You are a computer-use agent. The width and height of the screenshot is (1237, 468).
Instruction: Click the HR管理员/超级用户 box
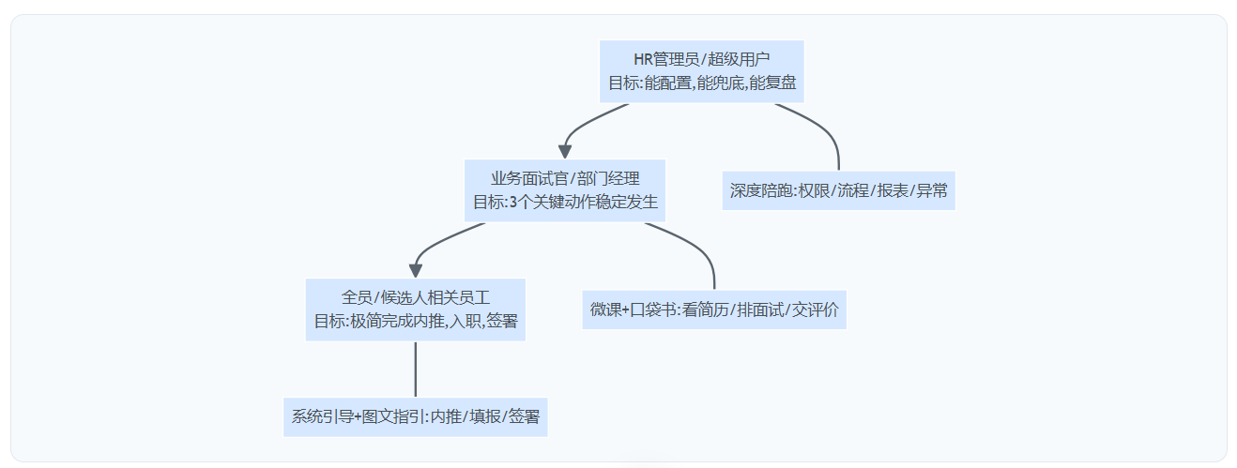point(702,71)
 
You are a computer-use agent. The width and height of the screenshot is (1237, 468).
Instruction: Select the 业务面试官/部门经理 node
point(565,189)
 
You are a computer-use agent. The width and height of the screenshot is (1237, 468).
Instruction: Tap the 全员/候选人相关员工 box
point(415,309)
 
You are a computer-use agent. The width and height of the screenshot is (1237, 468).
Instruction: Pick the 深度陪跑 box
point(838,190)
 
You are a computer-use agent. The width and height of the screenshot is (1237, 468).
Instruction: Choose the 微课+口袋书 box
point(714,309)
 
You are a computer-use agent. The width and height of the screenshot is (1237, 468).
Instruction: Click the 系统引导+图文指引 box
point(415,416)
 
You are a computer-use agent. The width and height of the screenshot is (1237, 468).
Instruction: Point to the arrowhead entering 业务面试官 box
point(565,150)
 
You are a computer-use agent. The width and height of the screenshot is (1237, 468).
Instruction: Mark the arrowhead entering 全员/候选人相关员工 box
point(416,270)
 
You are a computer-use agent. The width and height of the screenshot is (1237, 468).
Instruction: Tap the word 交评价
point(815,309)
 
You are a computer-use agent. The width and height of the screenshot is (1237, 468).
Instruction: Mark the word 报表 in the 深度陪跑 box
point(891,190)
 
